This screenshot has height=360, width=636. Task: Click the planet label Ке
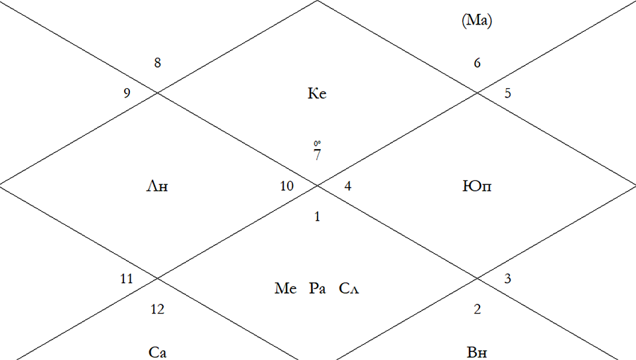point(317,93)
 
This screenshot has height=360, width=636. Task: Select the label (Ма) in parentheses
point(477,21)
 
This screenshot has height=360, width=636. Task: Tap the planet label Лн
point(157,186)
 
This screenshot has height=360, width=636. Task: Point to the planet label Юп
point(477,186)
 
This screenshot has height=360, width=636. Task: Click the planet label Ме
point(286,288)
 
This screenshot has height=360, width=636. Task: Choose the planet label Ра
point(317,288)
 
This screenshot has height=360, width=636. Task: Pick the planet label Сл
point(349,288)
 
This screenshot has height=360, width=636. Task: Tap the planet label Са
point(157,352)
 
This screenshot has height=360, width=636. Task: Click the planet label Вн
point(477,352)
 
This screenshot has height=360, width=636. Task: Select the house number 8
point(157,63)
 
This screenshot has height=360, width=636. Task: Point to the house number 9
point(127,93)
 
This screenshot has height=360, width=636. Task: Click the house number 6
point(477,63)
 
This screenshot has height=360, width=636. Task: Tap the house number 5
point(507,93)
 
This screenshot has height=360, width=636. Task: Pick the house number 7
point(317,154)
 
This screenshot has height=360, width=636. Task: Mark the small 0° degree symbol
point(317,143)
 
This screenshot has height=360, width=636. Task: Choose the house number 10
point(286,186)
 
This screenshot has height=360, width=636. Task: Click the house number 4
point(348,186)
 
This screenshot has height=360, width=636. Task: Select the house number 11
point(127,279)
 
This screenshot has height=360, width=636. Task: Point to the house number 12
point(157,310)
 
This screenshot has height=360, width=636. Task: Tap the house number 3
point(507,279)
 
